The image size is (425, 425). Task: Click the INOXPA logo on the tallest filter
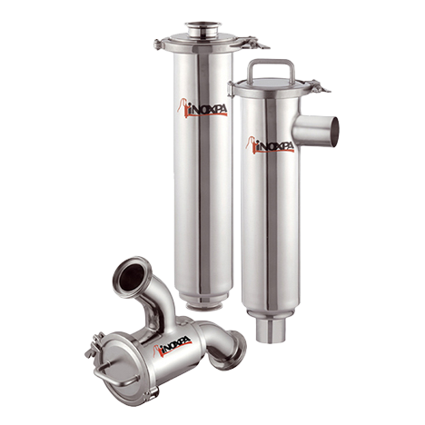pos(203,108)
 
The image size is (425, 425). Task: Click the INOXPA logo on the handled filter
pos(270,144)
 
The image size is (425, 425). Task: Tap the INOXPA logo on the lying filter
pos(173,345)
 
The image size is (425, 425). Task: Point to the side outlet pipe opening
pos(334,132)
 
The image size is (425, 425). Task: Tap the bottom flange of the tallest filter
pos(204,306)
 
